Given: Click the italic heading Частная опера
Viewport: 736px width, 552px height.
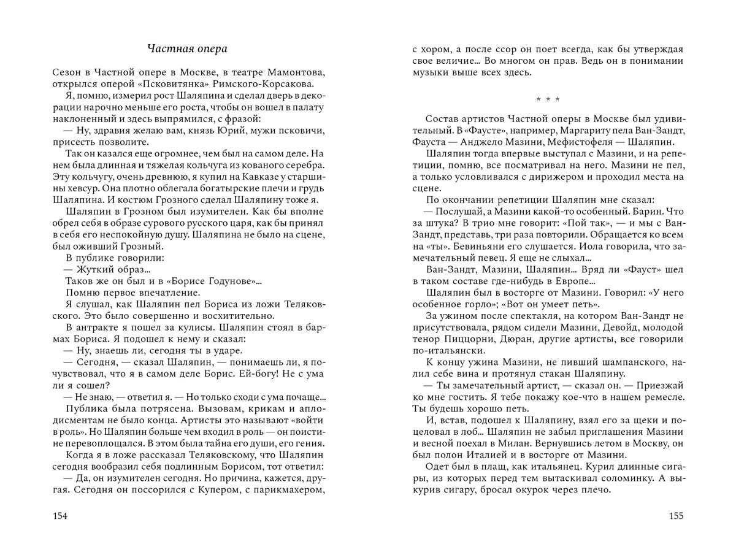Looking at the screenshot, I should click(183, 48).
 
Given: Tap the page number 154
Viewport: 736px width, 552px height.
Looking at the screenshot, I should click(59, 515).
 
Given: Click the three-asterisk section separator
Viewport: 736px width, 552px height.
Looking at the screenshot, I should click(547, 99).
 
